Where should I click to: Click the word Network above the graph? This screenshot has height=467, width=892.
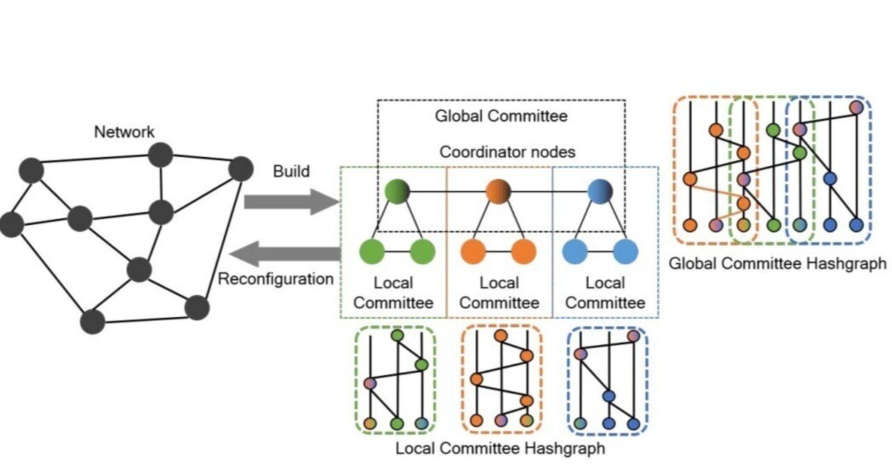125,132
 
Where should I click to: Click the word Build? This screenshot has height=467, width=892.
291,171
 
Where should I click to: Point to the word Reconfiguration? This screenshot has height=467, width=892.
276,280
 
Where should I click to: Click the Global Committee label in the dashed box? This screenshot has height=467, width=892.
501,116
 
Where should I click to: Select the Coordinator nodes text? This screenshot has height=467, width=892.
501,152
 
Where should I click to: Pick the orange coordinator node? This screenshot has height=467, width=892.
499,191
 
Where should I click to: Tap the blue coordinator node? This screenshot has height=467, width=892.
600,191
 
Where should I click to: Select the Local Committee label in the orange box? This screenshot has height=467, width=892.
499,293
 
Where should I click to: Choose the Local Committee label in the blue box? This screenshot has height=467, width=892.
605,293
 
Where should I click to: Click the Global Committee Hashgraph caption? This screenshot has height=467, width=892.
777,263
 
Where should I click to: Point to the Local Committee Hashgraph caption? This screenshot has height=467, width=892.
500,447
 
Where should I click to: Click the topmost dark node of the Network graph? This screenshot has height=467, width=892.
160,154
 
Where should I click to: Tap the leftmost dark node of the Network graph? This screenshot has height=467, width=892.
11,224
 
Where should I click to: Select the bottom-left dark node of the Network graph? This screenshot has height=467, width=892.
92,321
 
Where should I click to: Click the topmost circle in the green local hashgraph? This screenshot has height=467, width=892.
397,336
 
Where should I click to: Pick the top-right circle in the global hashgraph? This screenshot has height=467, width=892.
856,107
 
